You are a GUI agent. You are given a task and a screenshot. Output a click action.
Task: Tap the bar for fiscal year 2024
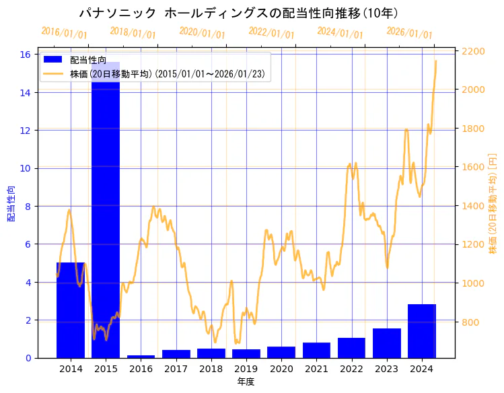[422, 331]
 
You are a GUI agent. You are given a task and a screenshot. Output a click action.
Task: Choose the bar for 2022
[351, 348]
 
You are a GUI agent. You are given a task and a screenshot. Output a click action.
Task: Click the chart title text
[238, 13]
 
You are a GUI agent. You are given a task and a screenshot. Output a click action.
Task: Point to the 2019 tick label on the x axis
[246, 369]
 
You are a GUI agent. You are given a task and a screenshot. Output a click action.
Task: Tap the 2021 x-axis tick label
[316, 369]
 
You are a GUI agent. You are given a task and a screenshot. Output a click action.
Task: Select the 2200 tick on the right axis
[474, 51]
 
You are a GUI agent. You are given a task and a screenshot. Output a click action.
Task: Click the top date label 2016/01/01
[64, 33]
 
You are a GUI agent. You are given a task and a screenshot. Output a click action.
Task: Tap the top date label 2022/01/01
[271, 33]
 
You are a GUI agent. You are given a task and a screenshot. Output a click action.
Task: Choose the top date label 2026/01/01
[409, 33]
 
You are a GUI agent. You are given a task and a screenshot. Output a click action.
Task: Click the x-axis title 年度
[246, 382]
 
